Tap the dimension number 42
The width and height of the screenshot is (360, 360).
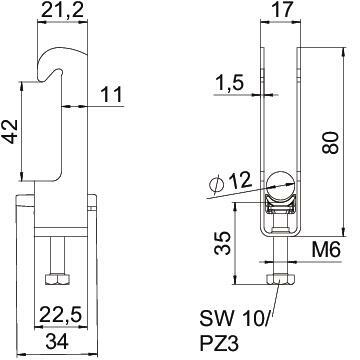point(10,131)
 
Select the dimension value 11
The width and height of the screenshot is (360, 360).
point(111,95)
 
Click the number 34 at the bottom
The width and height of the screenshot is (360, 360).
point(57,342)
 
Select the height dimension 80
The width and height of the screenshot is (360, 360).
point(331,142)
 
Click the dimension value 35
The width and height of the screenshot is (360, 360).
point(222,243)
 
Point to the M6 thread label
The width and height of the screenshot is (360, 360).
point(326,249)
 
